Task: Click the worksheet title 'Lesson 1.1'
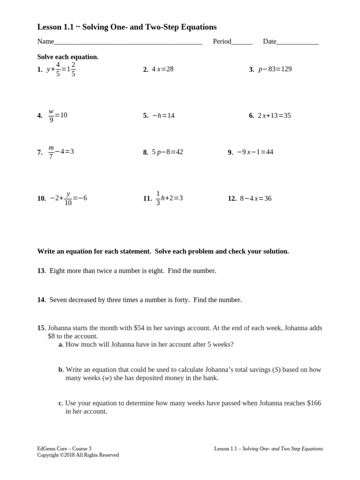56,27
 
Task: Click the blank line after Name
128,42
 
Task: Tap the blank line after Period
242,42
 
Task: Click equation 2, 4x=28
163,69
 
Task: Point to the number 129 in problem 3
285,69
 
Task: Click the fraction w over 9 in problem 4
51,116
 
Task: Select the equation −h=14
163,115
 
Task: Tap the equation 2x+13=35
274,115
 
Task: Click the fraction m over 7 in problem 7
51,152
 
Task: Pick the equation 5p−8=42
167,152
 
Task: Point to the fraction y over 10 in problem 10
68,198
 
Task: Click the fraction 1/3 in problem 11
158,198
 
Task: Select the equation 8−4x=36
255,198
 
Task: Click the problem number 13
41,270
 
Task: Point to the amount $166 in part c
314,403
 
